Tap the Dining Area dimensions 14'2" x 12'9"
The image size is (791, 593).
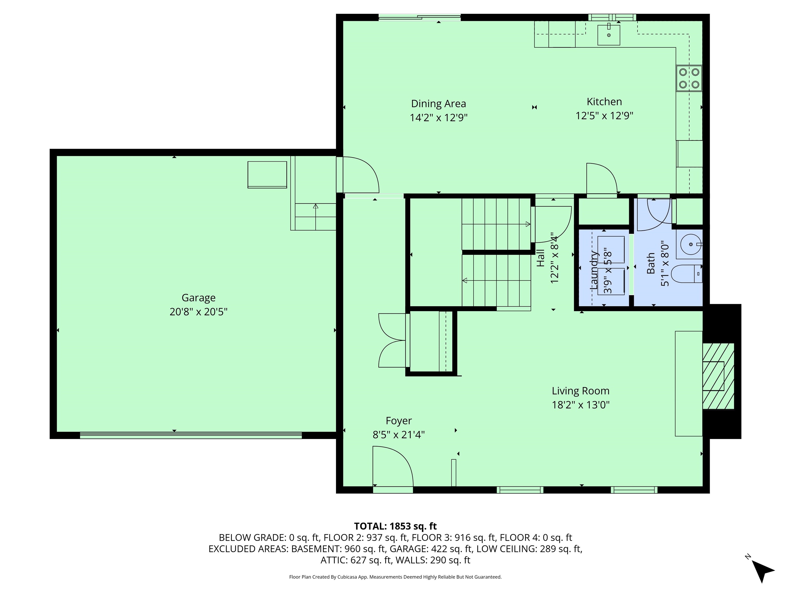439,118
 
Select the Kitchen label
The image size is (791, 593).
604,102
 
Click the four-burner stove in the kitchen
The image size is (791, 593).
689,78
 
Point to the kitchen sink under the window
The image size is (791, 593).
609,35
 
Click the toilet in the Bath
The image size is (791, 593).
686,274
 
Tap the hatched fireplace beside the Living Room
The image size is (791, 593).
718,376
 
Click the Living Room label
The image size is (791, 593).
580,391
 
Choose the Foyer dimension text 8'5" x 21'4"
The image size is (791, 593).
398,435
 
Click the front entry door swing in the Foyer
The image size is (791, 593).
393,466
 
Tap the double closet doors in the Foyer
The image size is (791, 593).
392,340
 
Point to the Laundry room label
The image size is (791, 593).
593,270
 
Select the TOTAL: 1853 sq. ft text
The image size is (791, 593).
395,526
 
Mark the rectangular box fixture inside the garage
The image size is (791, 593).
267,175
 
